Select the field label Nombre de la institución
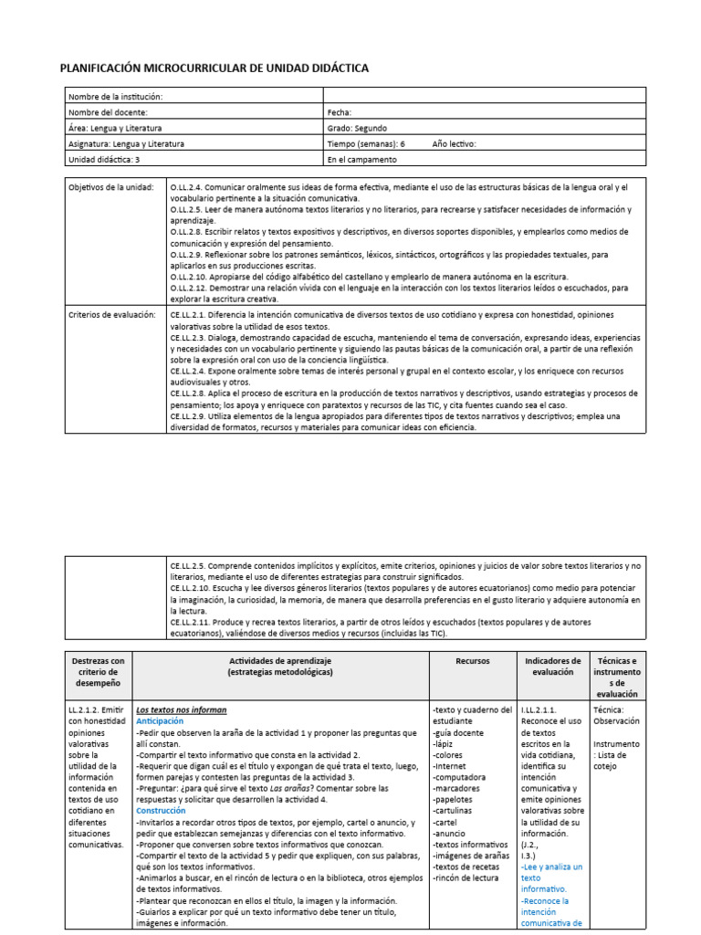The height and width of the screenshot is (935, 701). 115,97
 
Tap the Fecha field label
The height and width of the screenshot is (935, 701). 339,112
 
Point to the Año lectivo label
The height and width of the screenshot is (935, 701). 454,143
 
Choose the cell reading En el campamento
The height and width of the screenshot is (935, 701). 362,159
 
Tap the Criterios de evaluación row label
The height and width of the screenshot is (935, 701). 112,315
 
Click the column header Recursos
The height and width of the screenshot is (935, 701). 472,660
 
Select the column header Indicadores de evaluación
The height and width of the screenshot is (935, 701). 553,667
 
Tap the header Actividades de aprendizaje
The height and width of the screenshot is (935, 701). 281,660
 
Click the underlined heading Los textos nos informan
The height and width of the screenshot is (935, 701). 181,709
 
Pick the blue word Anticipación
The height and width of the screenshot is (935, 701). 160,721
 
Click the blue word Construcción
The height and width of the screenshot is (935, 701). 161,810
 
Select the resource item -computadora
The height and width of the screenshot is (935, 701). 461,776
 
